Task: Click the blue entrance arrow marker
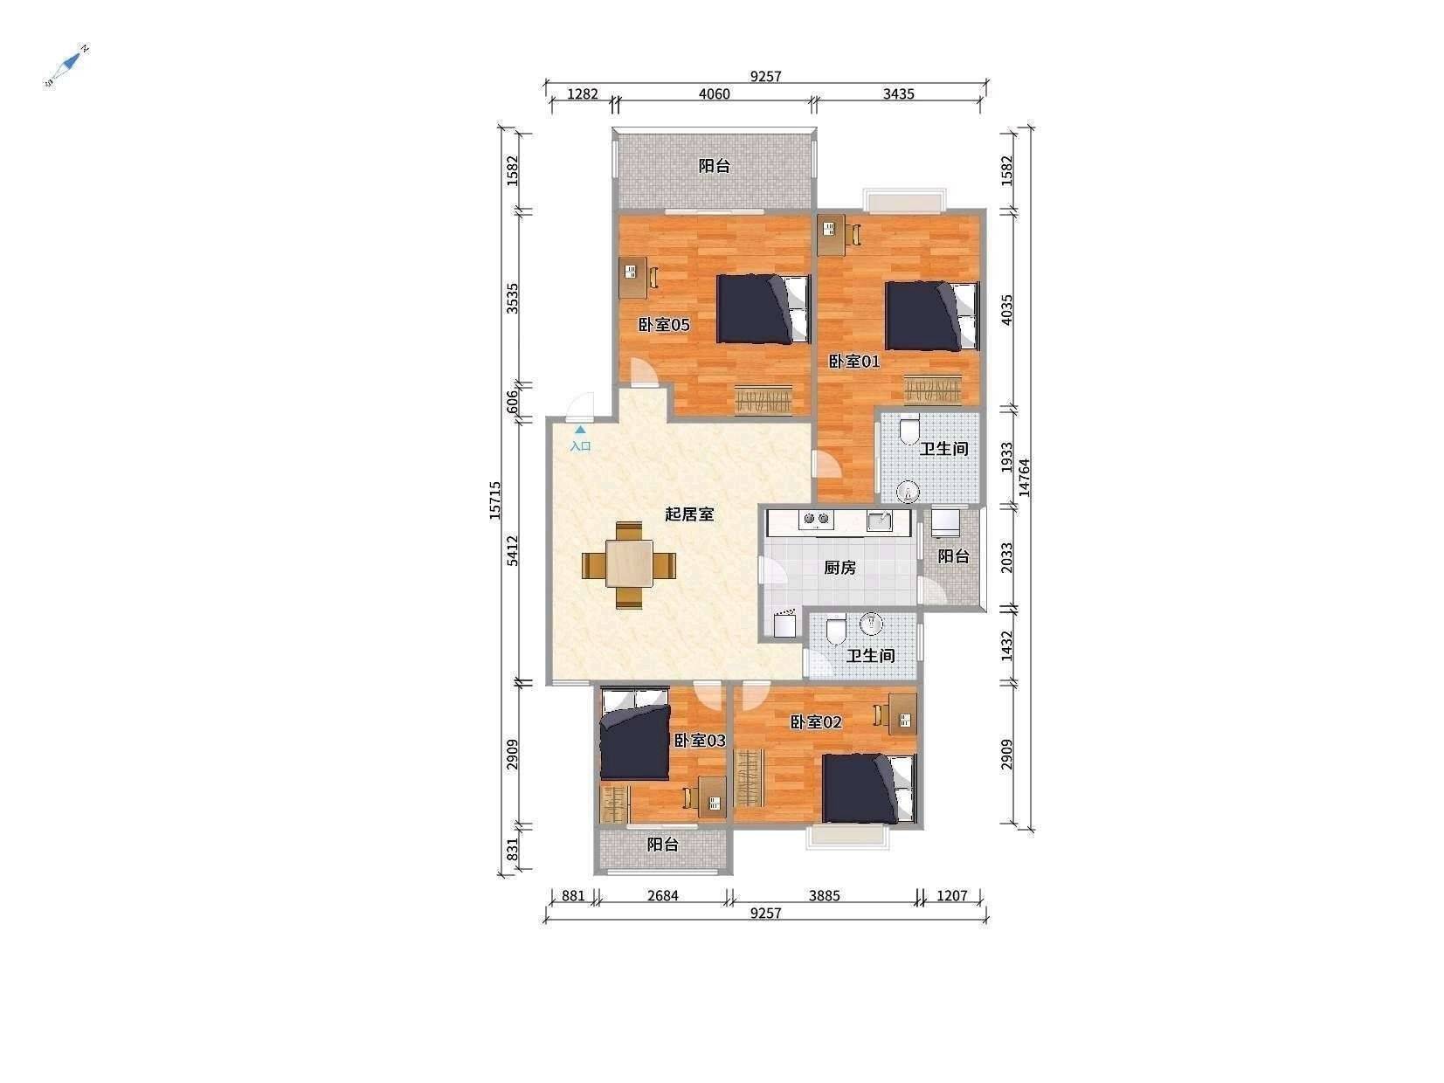(x=580, y=430)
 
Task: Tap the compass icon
(x=66, y=66)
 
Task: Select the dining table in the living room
(x=629, y=564)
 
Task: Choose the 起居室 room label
(x=688, y=514)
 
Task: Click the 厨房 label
(x=839, y=568)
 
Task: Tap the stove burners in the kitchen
(x=816, y=520)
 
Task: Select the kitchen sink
(x=880, y=521)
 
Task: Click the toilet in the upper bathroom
(x=910, y=431)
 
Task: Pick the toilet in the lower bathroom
(x=835, y=630)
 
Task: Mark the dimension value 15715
(x=494, y=500)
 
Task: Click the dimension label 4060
(x=714, y=94)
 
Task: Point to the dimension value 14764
(x=1025, y=478)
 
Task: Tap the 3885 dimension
(x=825, y=895)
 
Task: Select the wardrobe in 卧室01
(x=932, y=389)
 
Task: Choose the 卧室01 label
(x=853, y=361)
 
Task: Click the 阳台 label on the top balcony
(x=714, y=166)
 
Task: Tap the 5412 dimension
(x=513, y=551)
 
